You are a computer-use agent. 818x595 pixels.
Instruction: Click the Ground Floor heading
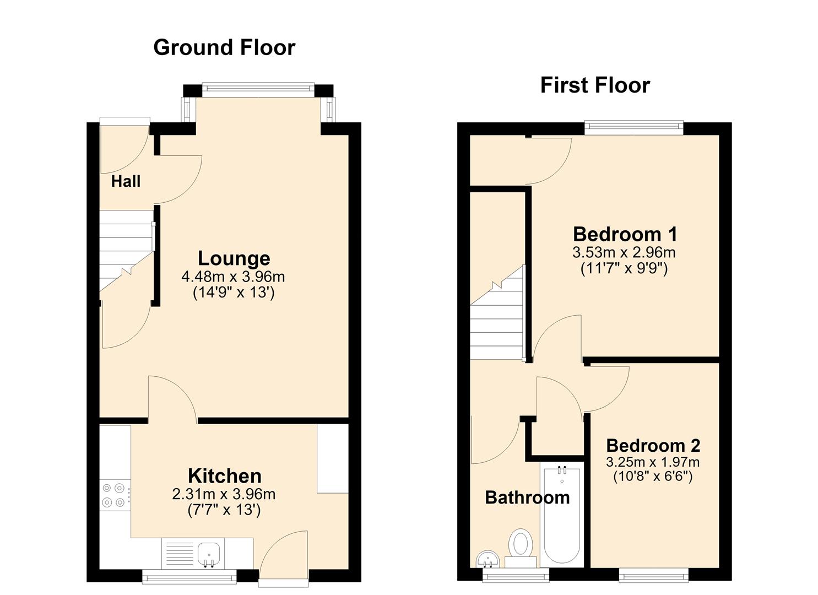[x=224, y=48]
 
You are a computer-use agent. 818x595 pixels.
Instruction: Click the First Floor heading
[x=595, y=85]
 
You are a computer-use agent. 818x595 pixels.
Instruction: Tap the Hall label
[x=126, y=182]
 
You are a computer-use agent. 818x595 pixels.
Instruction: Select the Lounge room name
[x=234, y=258]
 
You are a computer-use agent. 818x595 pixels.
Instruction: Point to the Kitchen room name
[x=225, y=476]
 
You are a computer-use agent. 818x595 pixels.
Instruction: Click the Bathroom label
[x=527, y=498]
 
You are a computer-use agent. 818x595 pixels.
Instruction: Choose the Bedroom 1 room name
[x=625, y=234]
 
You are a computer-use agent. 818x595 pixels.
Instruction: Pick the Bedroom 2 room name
[x=653, y=446]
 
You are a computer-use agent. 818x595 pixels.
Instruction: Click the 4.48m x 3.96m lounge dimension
[x=233, y=277]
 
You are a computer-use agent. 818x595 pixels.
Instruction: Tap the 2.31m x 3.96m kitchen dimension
[x=224, y=494]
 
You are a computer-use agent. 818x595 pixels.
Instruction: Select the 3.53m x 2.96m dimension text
[x=624, y=252]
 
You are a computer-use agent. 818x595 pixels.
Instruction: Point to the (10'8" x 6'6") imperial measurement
[x=653, y=477]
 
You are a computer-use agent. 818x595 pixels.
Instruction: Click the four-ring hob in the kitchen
[x=115, y=495]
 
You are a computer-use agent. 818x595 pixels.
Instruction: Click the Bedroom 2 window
[x=654, y=576]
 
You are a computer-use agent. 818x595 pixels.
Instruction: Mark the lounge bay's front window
[x=258, y=89]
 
